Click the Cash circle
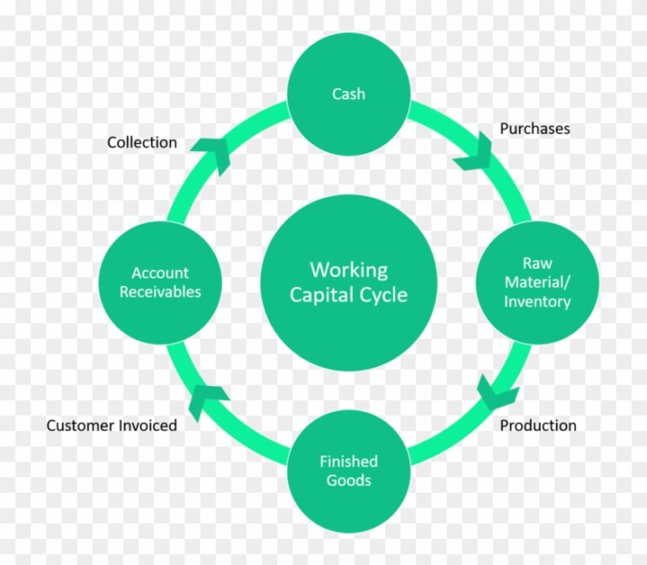(349, 93)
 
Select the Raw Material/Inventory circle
(537, 282)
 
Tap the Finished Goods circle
(349, 471)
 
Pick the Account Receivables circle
(160, 282)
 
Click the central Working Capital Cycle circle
(349, 282)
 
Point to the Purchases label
(535, 129)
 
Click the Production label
(538, 425)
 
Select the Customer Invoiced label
(111, 425)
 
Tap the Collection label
(142, 142)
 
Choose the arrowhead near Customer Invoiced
(206, 399)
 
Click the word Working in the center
(349, 270)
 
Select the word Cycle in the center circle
(383, 295)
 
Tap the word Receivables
(160, 292)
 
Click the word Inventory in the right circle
(537, 301)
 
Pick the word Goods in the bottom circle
(349, 481)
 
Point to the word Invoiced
(147, 425)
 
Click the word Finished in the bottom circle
(349, 461)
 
